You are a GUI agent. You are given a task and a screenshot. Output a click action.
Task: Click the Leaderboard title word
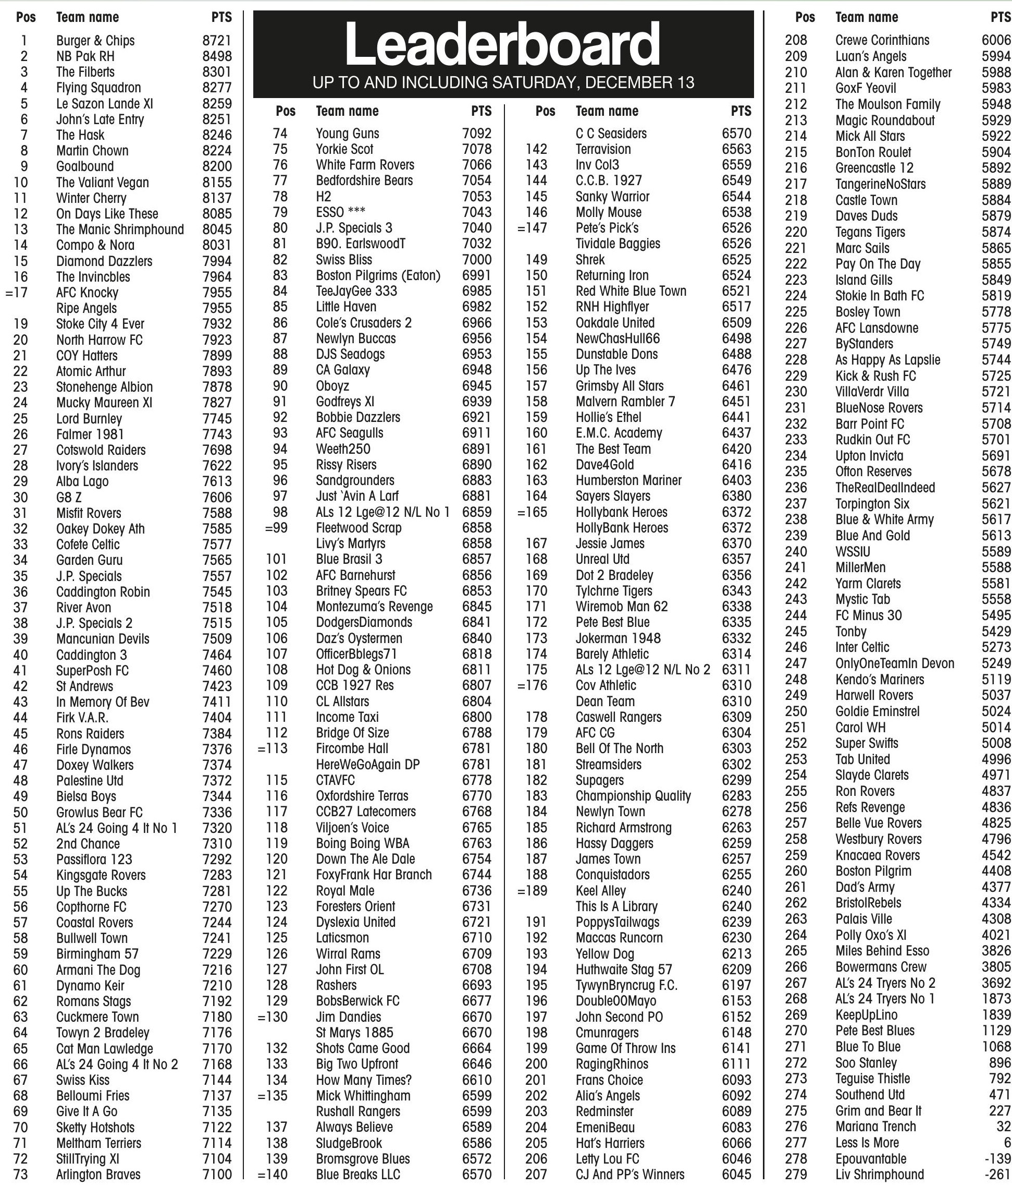[x=502, y=45]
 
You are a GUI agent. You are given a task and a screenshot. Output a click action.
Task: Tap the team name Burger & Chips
[x=95, y=41]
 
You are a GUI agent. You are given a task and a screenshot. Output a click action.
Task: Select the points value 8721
[x=217, y=41]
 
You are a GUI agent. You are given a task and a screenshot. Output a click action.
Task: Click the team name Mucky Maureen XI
[x=104, y=403]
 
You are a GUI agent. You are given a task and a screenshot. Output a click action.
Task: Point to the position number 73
[x=21, y=1175]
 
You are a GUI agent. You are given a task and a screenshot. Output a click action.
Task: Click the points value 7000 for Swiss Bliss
[x=476, y=259]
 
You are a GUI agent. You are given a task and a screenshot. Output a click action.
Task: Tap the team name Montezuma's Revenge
[x=374, y=607]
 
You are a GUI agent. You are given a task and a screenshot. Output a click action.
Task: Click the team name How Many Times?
[x=364, y=1080]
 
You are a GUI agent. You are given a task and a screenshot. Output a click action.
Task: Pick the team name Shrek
[x=590, y=259]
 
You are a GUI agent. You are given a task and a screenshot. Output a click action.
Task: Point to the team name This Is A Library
[x=616, y=906]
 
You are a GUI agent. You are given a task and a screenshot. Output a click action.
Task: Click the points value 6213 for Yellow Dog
[x=736, y=953]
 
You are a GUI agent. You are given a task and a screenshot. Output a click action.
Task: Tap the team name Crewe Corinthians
[x=882, y=40]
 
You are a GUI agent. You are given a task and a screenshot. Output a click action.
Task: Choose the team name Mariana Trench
[x=875, y=1127]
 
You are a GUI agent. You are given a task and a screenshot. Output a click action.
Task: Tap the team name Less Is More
[x=867, y=1143]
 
